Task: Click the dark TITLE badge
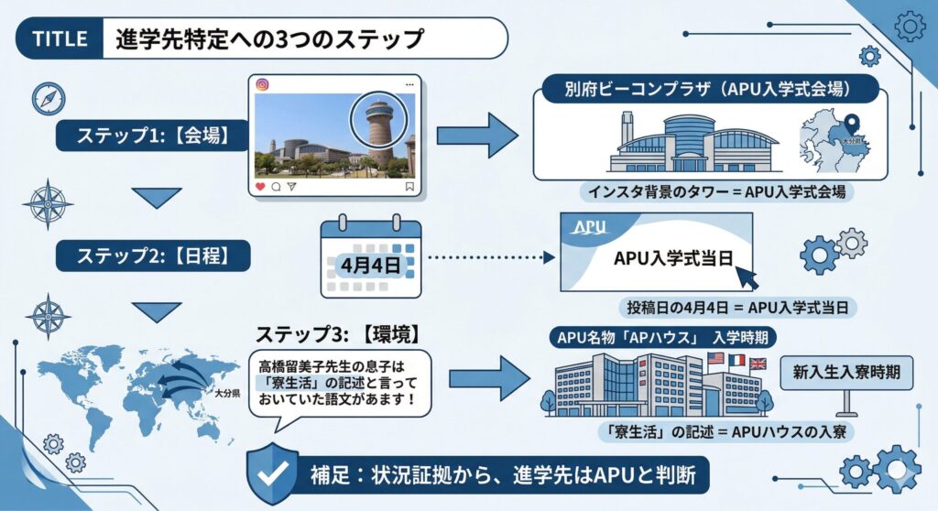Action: [59, 39]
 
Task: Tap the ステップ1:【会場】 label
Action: [141, 136]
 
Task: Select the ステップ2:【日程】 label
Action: [141, 255]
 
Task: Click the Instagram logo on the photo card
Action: [263, 85]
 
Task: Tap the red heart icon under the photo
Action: [260, 186]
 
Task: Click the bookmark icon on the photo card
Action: [409, 186]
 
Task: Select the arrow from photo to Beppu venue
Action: [476, 136]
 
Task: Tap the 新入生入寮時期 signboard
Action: [846, 373]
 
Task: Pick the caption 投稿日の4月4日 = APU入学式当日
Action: [737, 308]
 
